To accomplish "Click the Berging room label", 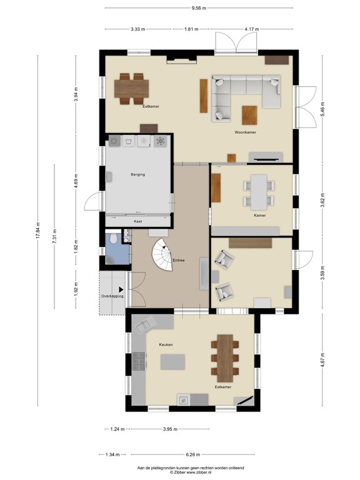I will coord(137,174).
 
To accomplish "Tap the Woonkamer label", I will coord(246,132).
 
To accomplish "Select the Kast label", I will coord(137,221).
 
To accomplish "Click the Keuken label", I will coord(165,344).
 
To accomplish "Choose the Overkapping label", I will coord(112,296).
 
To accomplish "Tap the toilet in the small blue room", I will coord(112,238).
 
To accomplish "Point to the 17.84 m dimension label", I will coord(39,232).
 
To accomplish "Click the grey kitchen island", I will coord(173,362).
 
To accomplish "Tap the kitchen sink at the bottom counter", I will coord(184,400).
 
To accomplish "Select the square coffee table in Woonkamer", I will coord(249,114).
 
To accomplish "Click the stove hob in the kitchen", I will coord(139,361).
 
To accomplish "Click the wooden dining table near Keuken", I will coord(224,358).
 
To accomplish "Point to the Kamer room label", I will coord(260,215).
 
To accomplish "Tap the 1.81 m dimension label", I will coord(191,29).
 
